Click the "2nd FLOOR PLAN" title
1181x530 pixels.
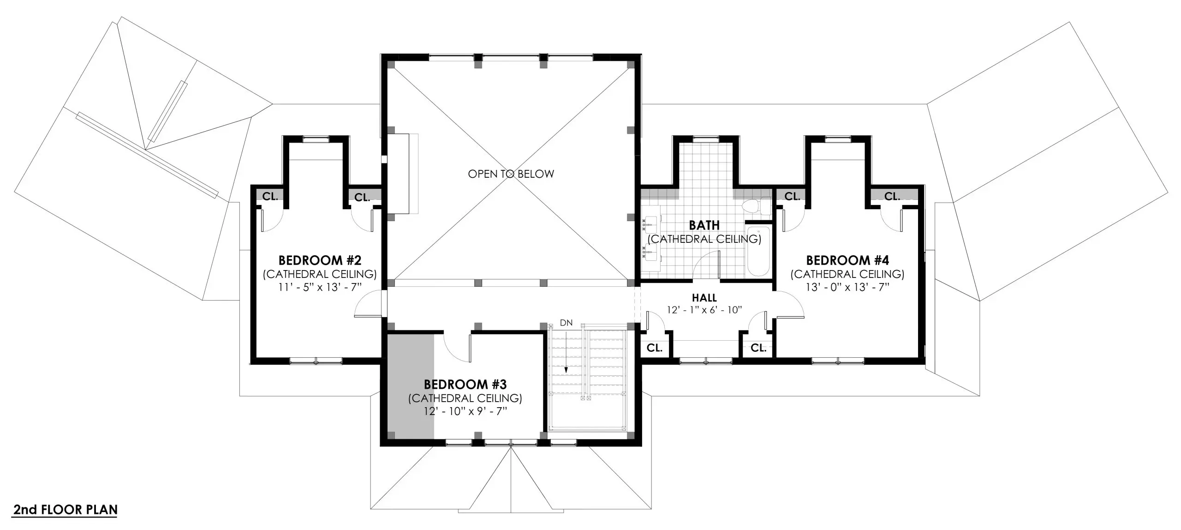65,510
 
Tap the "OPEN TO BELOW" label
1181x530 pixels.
511,174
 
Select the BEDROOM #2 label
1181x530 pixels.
320,260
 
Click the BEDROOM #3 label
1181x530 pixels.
465,384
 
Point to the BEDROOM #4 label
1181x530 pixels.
847,260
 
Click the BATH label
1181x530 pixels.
704,225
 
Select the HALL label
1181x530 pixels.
704,298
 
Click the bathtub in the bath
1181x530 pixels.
758,252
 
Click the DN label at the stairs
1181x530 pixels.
566,323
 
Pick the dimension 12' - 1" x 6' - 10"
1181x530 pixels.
704,310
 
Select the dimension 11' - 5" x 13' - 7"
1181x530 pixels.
320,287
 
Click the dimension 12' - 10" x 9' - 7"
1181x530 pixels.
465,411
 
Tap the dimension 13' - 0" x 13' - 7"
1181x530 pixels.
847,287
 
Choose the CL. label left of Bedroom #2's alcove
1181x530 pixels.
270,196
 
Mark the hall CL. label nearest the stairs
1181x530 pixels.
654,348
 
